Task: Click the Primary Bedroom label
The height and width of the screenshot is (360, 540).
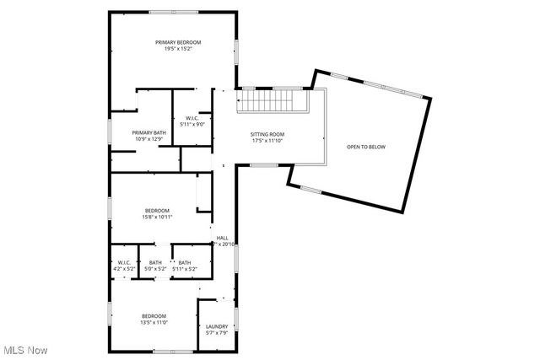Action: click(178, 42)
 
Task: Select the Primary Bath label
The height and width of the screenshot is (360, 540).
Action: click(148, 132)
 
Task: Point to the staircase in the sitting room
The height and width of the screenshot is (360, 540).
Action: click(269, 103)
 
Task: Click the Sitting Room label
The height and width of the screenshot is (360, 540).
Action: click(267, 134)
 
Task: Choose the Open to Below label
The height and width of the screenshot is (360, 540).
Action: click(365, 147)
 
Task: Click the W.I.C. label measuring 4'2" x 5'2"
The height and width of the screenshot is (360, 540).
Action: click(123, 262)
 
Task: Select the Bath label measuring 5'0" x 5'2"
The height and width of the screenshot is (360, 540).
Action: click(155, 262)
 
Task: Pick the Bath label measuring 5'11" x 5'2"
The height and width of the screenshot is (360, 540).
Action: click(184, 262)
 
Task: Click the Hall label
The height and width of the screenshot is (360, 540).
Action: click(222, 238)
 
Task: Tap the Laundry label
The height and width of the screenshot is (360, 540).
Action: click(217, 326)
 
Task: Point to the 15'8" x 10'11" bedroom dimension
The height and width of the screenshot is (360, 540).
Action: click(157, 217)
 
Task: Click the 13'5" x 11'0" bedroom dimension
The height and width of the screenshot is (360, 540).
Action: click(154, 322)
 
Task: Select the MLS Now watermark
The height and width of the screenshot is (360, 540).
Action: click(25, 350)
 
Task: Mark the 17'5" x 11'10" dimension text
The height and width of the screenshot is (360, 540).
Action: click(267, 141)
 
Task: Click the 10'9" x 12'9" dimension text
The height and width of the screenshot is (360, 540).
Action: click(148, 139)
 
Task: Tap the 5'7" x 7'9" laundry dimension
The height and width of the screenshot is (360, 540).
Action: click(217, 333)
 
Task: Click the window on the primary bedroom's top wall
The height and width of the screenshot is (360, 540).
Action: click(174, 11)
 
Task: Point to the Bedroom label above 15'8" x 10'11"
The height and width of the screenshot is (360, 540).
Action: click(157, 210)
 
